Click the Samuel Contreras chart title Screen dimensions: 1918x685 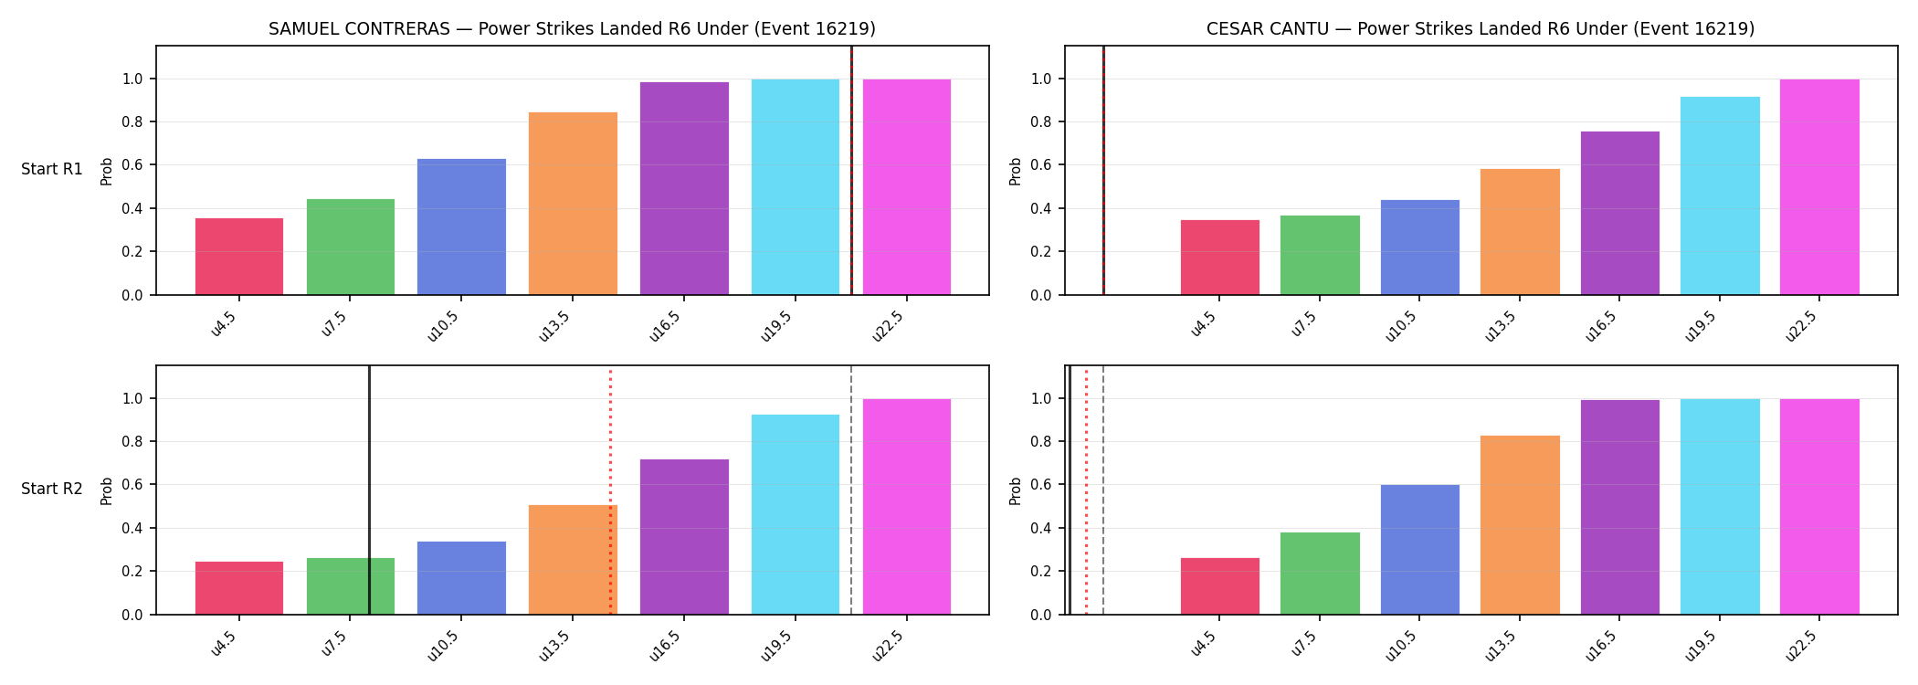point(572,29)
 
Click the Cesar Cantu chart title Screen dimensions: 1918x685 point(1481,29)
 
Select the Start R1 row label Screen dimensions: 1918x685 point(52,169)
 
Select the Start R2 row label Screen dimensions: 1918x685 point(52,489)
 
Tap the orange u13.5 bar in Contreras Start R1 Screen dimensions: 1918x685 point(573,204)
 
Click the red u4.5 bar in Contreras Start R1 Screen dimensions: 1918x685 point(239,257)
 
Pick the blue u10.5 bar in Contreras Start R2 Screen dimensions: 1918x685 point(461,578)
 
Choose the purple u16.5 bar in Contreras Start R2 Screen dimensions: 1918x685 point(684,537)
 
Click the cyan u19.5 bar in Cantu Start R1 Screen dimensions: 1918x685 point(1720,195)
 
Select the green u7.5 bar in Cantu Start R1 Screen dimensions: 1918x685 point(1320,255)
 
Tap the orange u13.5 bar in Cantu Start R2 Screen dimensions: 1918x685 point(1520,525)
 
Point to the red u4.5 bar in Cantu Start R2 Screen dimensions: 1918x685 point(1220,586)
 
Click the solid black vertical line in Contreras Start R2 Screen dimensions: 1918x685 point(369,490)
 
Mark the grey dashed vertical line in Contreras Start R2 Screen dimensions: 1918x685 point(851,490)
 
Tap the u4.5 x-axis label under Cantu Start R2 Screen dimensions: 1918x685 point(1203,643)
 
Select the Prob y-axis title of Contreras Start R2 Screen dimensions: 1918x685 point(107,490)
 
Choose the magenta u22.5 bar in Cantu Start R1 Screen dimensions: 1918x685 point(1819,187)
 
